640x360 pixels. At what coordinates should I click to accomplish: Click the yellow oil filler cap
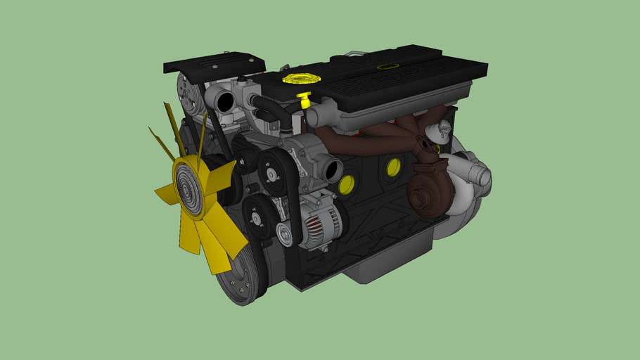point(298,77)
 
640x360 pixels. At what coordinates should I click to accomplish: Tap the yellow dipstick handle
point(305,98)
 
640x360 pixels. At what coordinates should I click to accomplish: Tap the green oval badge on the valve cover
point(385,67)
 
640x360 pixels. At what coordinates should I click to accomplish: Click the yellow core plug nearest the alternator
point(346,184)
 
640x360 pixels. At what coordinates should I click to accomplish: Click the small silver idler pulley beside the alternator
point(285,234)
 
